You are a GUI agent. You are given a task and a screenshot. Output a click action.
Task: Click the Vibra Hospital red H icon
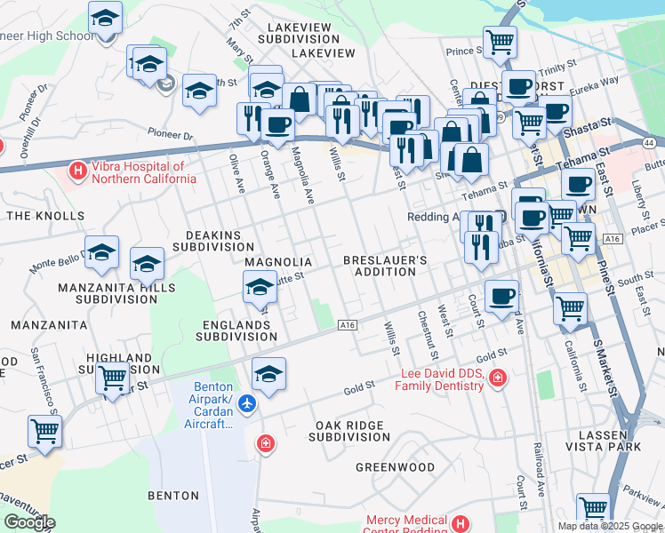[78, 169]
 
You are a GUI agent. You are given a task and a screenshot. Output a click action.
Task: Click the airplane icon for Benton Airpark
[247, 404]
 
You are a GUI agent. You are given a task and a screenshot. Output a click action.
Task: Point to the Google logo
[29, 522]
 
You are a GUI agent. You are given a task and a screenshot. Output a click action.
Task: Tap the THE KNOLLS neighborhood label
[44, 216]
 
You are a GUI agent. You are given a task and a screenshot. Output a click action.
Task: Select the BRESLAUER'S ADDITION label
[386, 266]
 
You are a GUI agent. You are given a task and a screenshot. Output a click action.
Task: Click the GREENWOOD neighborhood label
[395, 467]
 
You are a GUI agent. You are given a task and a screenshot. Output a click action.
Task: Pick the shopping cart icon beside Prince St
[500, 41]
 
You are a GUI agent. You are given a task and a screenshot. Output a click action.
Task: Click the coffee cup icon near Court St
[501, 297]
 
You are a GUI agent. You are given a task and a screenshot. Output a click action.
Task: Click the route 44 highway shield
[650, 143]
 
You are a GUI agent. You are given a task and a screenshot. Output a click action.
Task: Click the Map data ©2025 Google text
[610, 526]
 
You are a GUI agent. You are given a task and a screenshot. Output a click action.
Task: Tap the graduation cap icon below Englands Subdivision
[268, 373]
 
